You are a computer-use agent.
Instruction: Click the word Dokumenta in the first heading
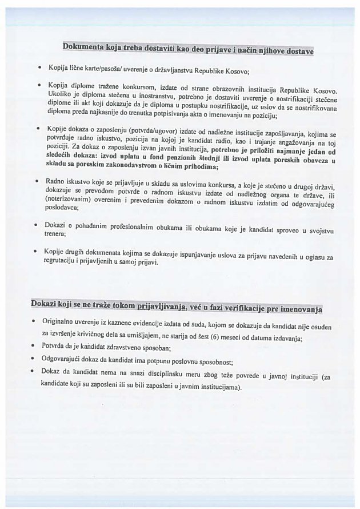tap(86, 46)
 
